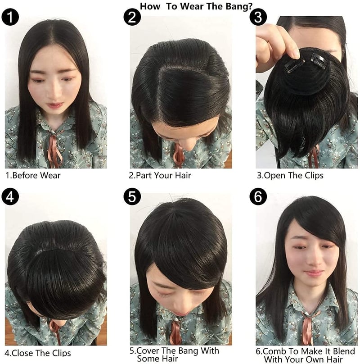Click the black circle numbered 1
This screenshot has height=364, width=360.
pos(10,17)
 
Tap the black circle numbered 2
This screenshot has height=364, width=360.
pos(132,17)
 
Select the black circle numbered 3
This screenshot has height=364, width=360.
pos(258,17)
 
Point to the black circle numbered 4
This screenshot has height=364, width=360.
pos(10,196)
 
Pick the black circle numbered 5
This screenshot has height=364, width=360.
pos(132,196)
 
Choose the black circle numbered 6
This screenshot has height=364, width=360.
pos(258,196)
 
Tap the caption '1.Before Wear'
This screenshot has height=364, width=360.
pos(33,175)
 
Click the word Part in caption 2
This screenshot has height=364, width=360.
pos(144,175)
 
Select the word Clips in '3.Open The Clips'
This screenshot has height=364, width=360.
pos(314,175)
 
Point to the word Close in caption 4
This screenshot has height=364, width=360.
pos(23,353)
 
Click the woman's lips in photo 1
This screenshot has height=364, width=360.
pos(54,105)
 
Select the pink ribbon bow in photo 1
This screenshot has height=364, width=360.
pos(56,149)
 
